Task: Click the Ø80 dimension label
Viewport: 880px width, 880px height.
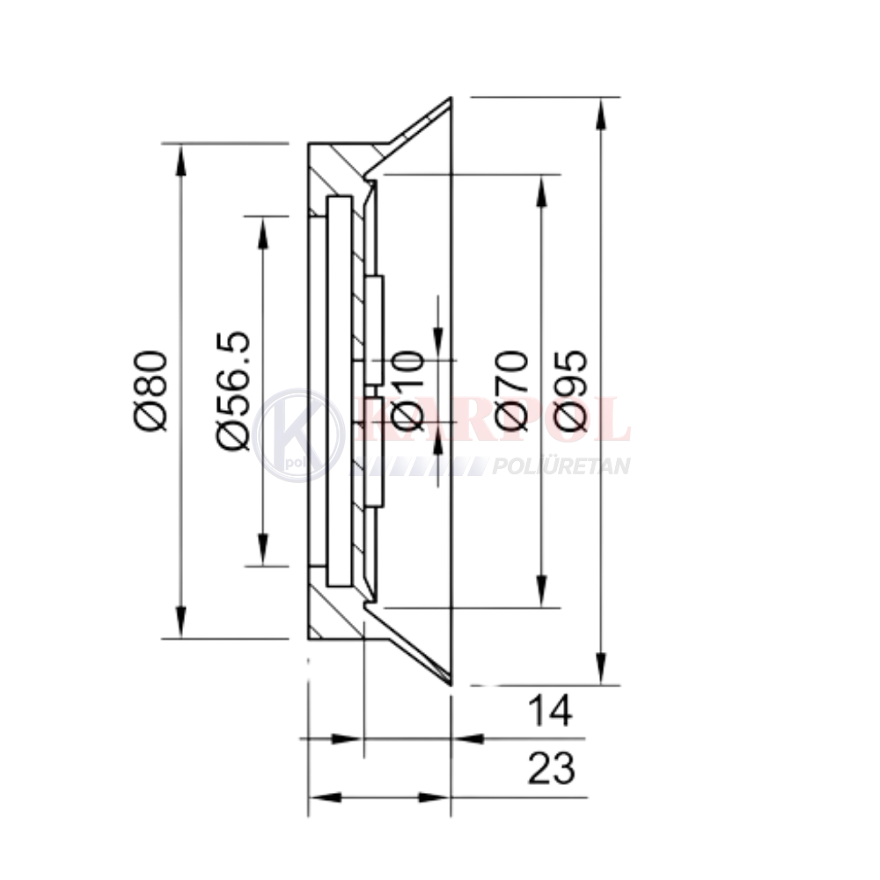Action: tap(151, 392)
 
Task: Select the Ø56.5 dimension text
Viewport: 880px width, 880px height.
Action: tap(233, 392)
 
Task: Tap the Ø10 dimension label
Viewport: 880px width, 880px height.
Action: tap(406, 392)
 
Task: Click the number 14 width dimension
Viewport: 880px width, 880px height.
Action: tap(550, 710)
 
